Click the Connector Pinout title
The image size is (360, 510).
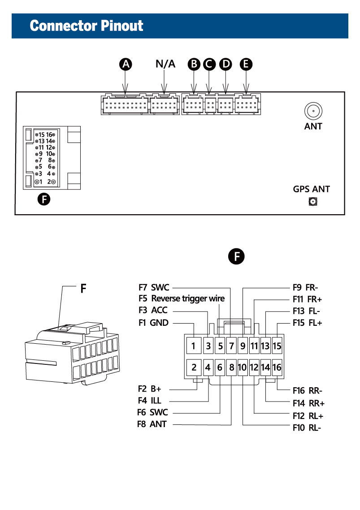[87, 26]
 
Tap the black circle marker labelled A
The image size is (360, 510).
[126, 64]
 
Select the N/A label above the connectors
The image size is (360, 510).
[165, 64]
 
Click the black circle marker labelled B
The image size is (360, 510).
[194, 64]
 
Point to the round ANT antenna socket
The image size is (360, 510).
[313, 111]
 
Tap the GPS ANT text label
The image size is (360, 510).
[311, 189]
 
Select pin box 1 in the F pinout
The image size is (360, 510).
[194, 346]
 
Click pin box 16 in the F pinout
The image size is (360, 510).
[277, 367]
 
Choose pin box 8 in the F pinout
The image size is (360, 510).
[231, 367]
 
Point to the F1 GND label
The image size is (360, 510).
[153, 322]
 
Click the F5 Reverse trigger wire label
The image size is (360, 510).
[182, 298]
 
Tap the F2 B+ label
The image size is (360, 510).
[149, 389]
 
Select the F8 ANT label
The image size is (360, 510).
[152, 424]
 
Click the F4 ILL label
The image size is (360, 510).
[149, 401]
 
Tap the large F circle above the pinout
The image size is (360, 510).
[236, 257]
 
